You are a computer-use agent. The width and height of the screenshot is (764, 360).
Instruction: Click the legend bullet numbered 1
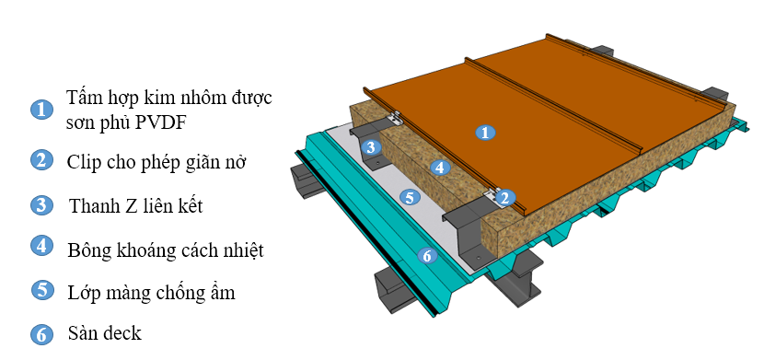42,110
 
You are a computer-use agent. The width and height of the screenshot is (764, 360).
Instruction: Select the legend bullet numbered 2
42,160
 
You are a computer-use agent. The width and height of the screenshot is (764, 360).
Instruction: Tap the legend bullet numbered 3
42,204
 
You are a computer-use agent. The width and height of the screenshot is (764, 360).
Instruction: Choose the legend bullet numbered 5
43,290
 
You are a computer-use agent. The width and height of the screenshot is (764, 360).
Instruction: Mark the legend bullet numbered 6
42,334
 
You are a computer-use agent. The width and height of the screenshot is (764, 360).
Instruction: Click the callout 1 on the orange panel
485,132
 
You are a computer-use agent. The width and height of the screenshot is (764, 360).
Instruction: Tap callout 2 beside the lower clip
504,198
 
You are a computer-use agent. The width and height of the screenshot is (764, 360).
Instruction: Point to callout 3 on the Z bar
371,146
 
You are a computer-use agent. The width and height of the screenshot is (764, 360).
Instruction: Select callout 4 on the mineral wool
440,168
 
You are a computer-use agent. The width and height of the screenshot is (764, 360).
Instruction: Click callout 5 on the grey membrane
410,197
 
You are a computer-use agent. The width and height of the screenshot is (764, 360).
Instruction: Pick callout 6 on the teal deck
427,255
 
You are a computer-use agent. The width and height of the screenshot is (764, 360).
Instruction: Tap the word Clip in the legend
83,162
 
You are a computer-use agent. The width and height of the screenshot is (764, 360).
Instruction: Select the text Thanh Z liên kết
136,206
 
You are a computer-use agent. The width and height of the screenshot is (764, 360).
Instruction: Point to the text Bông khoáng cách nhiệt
166,250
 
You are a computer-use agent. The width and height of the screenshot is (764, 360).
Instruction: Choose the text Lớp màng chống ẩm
152,293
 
